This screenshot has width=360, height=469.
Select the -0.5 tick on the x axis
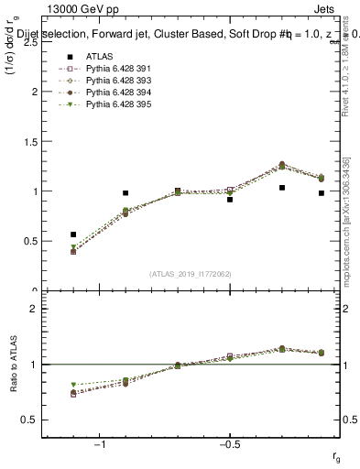pos(229,445)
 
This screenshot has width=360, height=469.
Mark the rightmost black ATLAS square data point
pos(322,193)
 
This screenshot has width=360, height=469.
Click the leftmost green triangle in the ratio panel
pos(73,385)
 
